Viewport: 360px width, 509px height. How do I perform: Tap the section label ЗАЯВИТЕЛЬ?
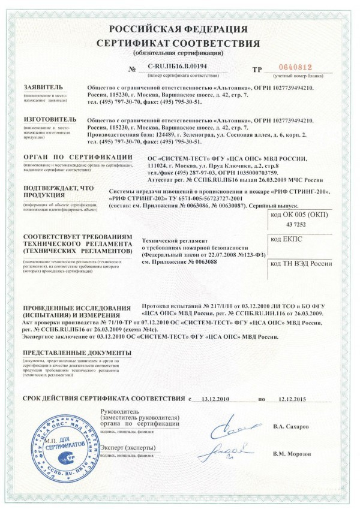(42, 88)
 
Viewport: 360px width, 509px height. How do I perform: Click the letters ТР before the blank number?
(257, 70)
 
